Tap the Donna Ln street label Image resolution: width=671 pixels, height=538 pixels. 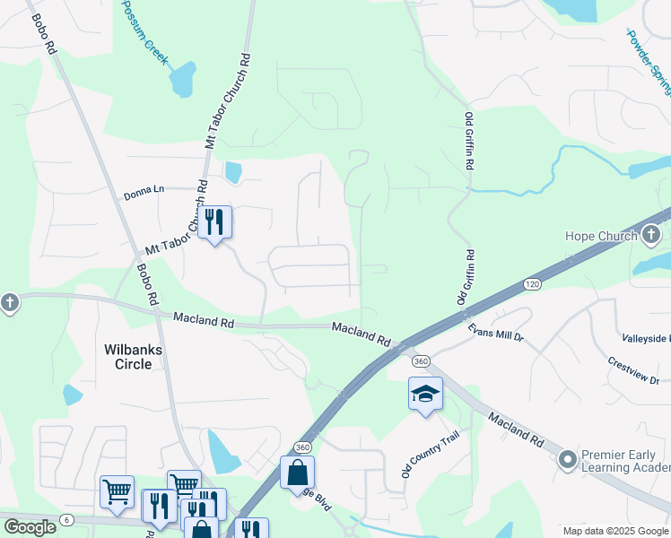[144, 189]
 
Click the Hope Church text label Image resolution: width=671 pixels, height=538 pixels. [600, 236]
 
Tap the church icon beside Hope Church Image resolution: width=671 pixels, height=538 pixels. [652, 236]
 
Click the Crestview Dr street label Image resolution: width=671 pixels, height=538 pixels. [633, 369]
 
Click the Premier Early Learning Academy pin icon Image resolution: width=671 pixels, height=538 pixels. [567, 460]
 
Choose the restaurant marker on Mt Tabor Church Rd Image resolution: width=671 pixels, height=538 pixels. [213, 221]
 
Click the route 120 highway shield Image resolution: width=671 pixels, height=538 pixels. [532, 283]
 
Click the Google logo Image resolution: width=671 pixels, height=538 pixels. [30, 527]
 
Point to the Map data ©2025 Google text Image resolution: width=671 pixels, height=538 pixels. [615, 531]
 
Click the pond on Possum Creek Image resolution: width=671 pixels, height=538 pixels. [183, 80]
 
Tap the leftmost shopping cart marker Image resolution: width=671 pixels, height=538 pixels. [117, 491]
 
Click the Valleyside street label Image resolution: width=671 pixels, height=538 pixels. [646, 338]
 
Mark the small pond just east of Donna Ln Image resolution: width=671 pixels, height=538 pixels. [233, 172]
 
